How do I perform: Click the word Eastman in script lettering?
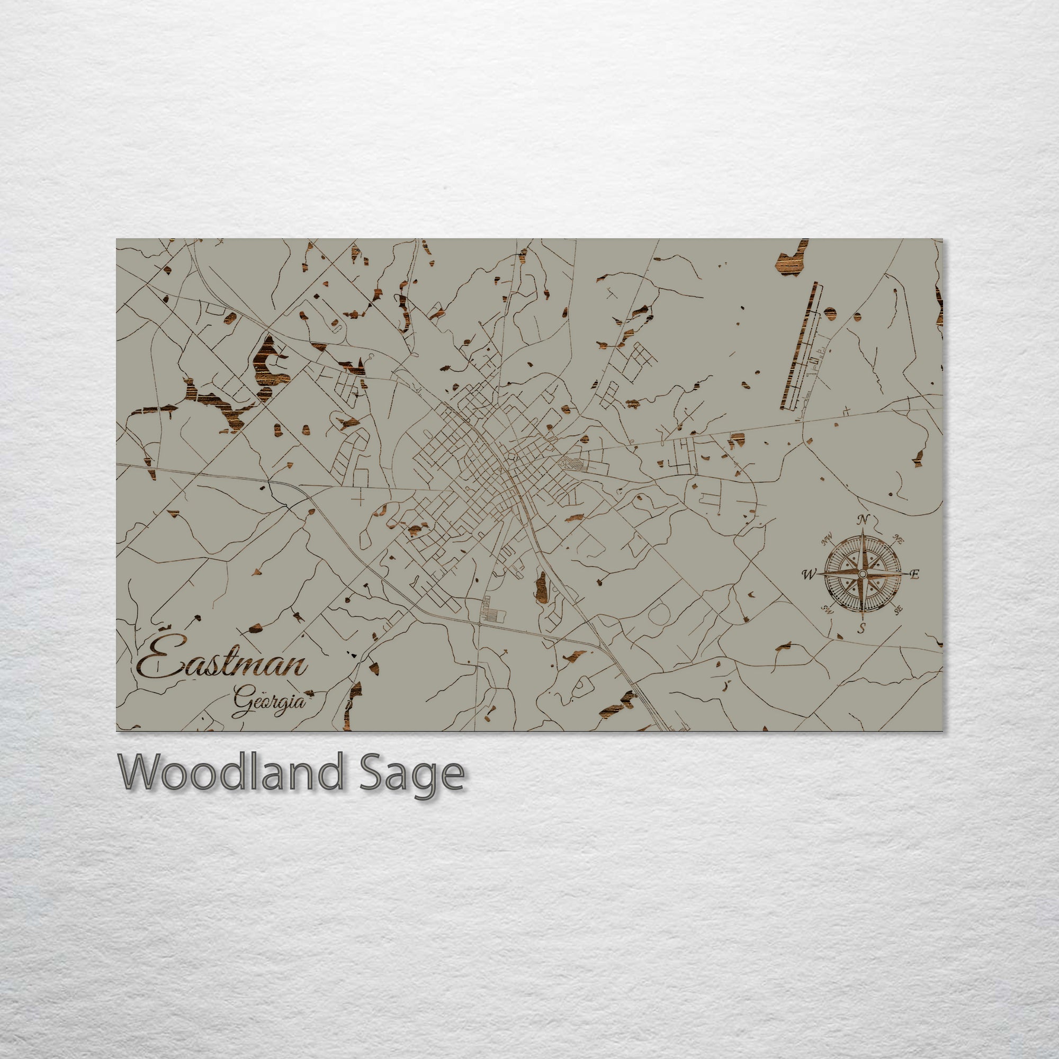222,665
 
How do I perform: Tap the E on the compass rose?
914,575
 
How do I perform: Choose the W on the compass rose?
808,575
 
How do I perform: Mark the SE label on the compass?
899,609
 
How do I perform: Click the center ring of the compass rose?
862,573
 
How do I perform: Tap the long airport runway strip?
798,347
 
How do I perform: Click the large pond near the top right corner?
792,262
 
